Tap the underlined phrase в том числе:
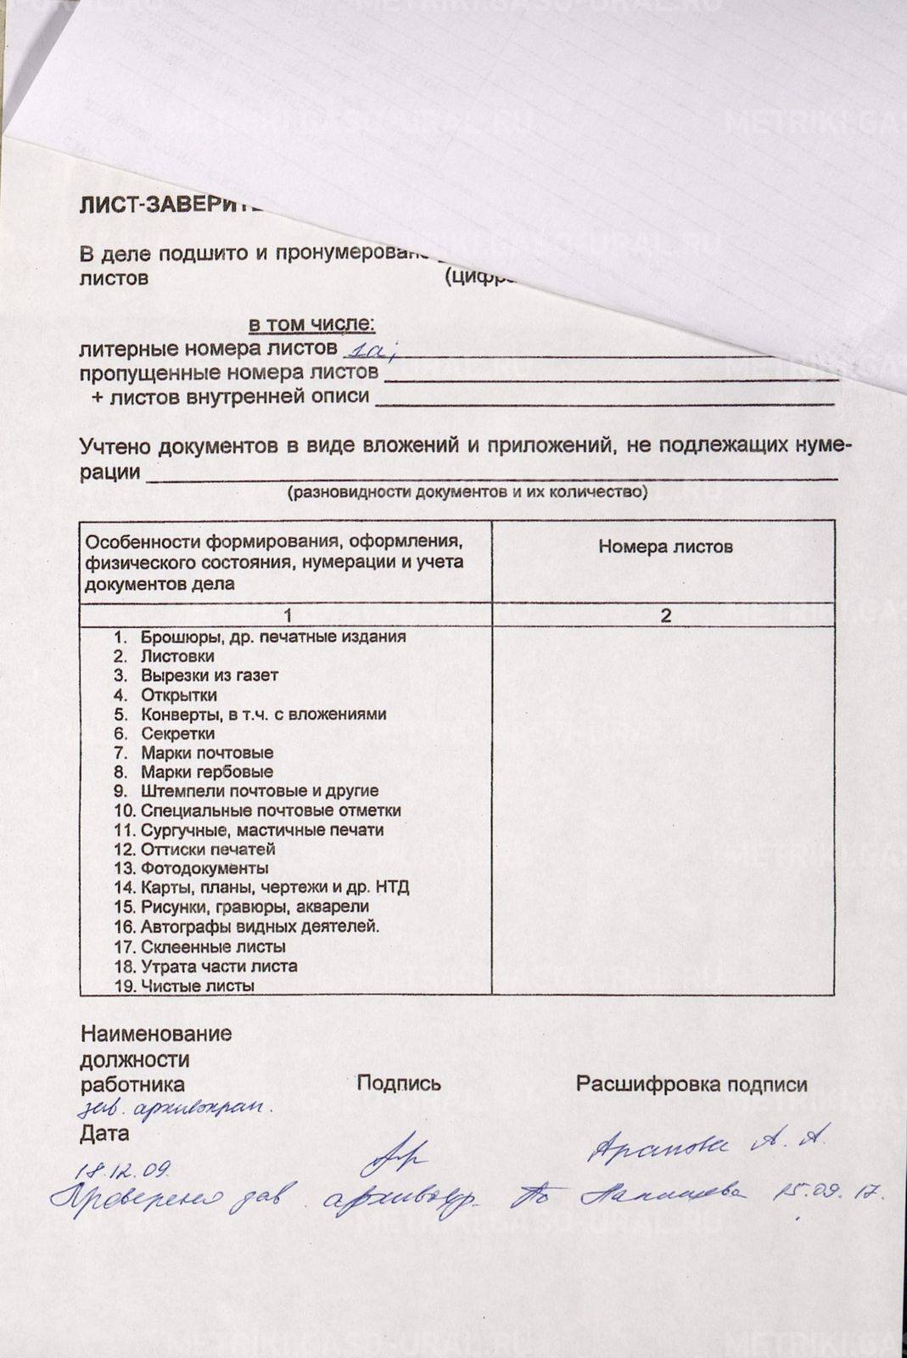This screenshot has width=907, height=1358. pos(311,324)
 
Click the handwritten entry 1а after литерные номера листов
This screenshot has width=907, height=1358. pos(372,347)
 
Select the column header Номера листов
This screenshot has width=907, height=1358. pos(665,547)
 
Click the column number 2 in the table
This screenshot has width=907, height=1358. pos(665,615)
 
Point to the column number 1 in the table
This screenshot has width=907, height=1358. pos(288,615)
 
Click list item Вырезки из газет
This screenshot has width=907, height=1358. pos(209,676)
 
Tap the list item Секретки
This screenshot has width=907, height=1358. pos(177,733)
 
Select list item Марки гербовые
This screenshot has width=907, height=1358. pos(206,772)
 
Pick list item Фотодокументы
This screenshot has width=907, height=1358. pos(204,868)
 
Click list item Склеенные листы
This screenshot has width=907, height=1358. pos(212,946)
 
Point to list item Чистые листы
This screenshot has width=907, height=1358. pos(197,986)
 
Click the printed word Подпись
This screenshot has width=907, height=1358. pos(399,1083)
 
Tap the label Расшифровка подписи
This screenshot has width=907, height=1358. pos(691,1084)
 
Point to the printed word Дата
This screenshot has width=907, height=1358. pos(104,1133)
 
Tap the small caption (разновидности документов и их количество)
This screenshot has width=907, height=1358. pos(467,492)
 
